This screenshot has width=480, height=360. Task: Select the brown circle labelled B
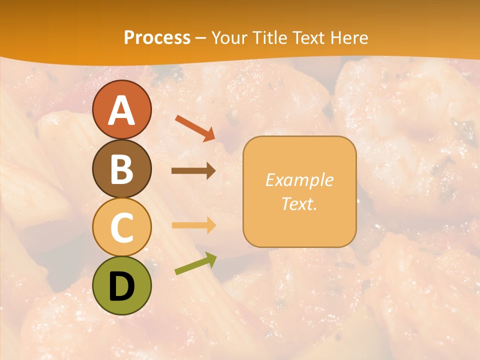click(121, 168)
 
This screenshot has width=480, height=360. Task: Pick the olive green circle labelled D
click(121, 285)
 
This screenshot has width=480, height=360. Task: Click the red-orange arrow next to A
click(195, 128)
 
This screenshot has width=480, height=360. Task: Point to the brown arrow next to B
click(193, 170)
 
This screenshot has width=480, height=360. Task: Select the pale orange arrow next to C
click(193, 225)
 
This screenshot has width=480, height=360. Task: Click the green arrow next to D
click(195, 263)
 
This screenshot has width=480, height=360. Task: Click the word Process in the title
click(157, 37)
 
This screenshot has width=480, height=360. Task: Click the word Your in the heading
click(229, 37)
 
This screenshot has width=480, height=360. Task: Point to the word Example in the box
click(299, 180)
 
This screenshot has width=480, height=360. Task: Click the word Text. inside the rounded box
click(299, 203)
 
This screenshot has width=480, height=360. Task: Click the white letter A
click(121, 110)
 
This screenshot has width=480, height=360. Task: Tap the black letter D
click(121, 286)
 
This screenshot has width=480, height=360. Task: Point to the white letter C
click(121, 227)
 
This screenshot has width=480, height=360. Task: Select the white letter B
click(121, 169)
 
